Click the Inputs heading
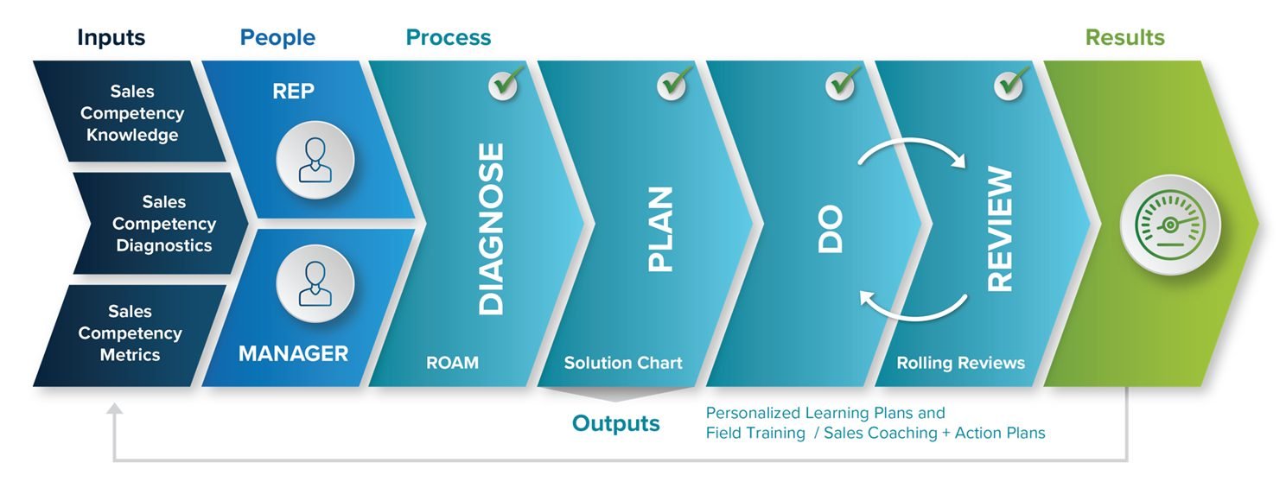[x=111, y=38]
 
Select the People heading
[x=277, y=38]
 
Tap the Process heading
[x=448, y=38]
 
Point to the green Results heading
[x=1124, y=38]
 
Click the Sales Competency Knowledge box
[x=132, y=113]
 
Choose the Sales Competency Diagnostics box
[x=163, y=224]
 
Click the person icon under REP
[x=315, y=161]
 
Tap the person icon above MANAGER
[x=315, y=284]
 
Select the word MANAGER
[x=293, y=353]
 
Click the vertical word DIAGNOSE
[x=491, y=229]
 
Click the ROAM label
[x=452, y=363]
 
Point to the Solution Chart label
[x=623, y=363]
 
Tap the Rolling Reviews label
[x=960, y=363]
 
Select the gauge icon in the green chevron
[x=1169, y=225]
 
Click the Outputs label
[x=615, y=423]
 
